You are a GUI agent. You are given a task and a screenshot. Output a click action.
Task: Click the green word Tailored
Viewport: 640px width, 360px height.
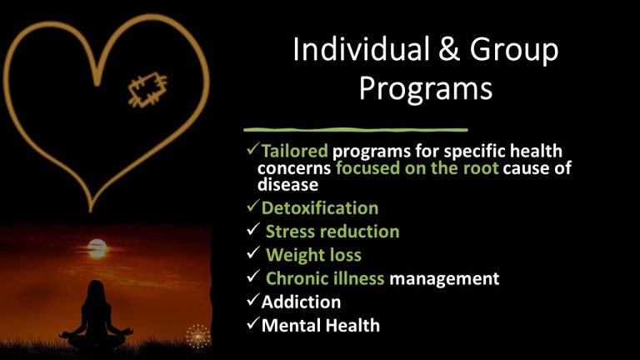(295, 152)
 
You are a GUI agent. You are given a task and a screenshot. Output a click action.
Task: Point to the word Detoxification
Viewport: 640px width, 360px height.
(320, 207)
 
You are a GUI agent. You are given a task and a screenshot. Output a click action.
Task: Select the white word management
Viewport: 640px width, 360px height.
(445, 278)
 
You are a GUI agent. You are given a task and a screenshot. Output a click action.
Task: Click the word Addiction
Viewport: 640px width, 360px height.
(301, 302)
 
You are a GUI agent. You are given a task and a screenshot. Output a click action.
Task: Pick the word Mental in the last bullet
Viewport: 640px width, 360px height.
(289, 325)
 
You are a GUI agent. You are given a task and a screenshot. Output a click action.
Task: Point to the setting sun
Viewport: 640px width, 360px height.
(97, 247)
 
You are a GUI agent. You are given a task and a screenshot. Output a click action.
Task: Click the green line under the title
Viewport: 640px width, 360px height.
(355, 130)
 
